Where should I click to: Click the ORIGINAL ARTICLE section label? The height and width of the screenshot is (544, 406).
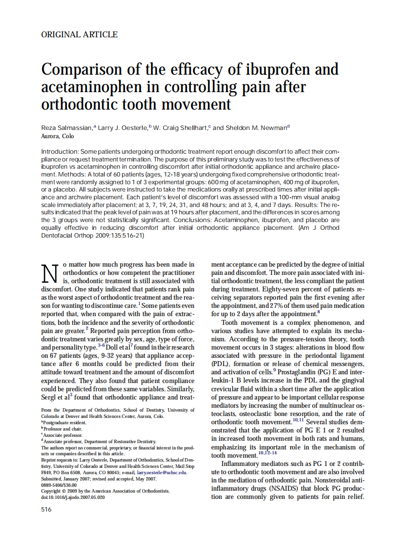[79, 34]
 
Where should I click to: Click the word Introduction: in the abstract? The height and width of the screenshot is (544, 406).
[60, 152]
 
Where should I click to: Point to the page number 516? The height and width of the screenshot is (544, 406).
[47, 509]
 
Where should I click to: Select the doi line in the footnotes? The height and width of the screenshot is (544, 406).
[73, 497]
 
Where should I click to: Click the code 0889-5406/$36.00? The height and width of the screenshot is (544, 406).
[59, 484]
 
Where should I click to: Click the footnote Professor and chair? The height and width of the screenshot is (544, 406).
[63, 429]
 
